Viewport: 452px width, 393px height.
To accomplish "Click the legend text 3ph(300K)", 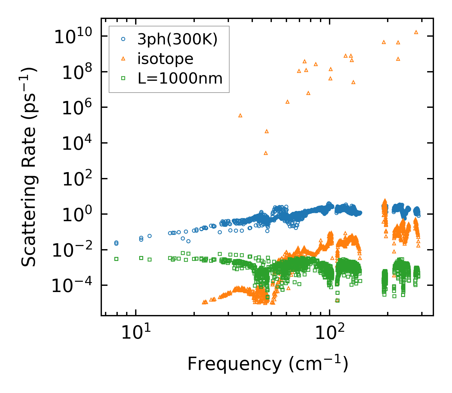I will coord(177,39).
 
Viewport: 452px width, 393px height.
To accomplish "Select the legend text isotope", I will coord(165,59).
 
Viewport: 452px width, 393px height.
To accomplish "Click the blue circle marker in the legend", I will coord(123,39).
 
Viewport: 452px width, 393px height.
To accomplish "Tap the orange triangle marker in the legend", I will coord(123,58).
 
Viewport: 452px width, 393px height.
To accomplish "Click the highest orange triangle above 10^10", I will coord(416,32).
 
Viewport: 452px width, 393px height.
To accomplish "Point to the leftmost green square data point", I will coord(116,259).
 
